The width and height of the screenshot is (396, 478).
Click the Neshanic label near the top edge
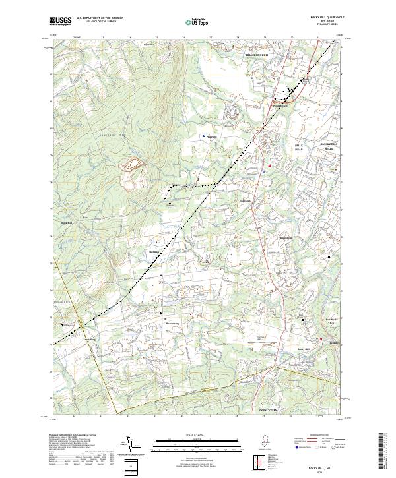tap(148, 46)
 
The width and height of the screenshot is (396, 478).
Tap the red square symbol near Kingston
tap(321, 339)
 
